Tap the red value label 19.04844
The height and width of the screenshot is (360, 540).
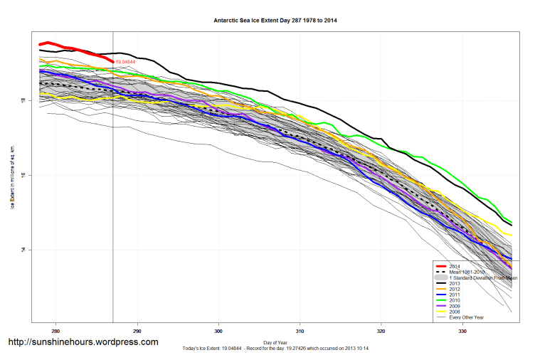tap(125, 63)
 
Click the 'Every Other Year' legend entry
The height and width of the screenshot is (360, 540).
tap(465, 317)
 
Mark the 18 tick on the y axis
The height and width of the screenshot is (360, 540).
tap(24, 100)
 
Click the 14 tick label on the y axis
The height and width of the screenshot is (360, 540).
tap(24, 250)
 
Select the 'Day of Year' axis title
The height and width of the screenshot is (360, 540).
tap(275, 342)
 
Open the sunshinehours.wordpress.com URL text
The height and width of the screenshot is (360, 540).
tap(83, 342)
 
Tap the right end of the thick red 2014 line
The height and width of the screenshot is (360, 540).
tap(113, 62)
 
